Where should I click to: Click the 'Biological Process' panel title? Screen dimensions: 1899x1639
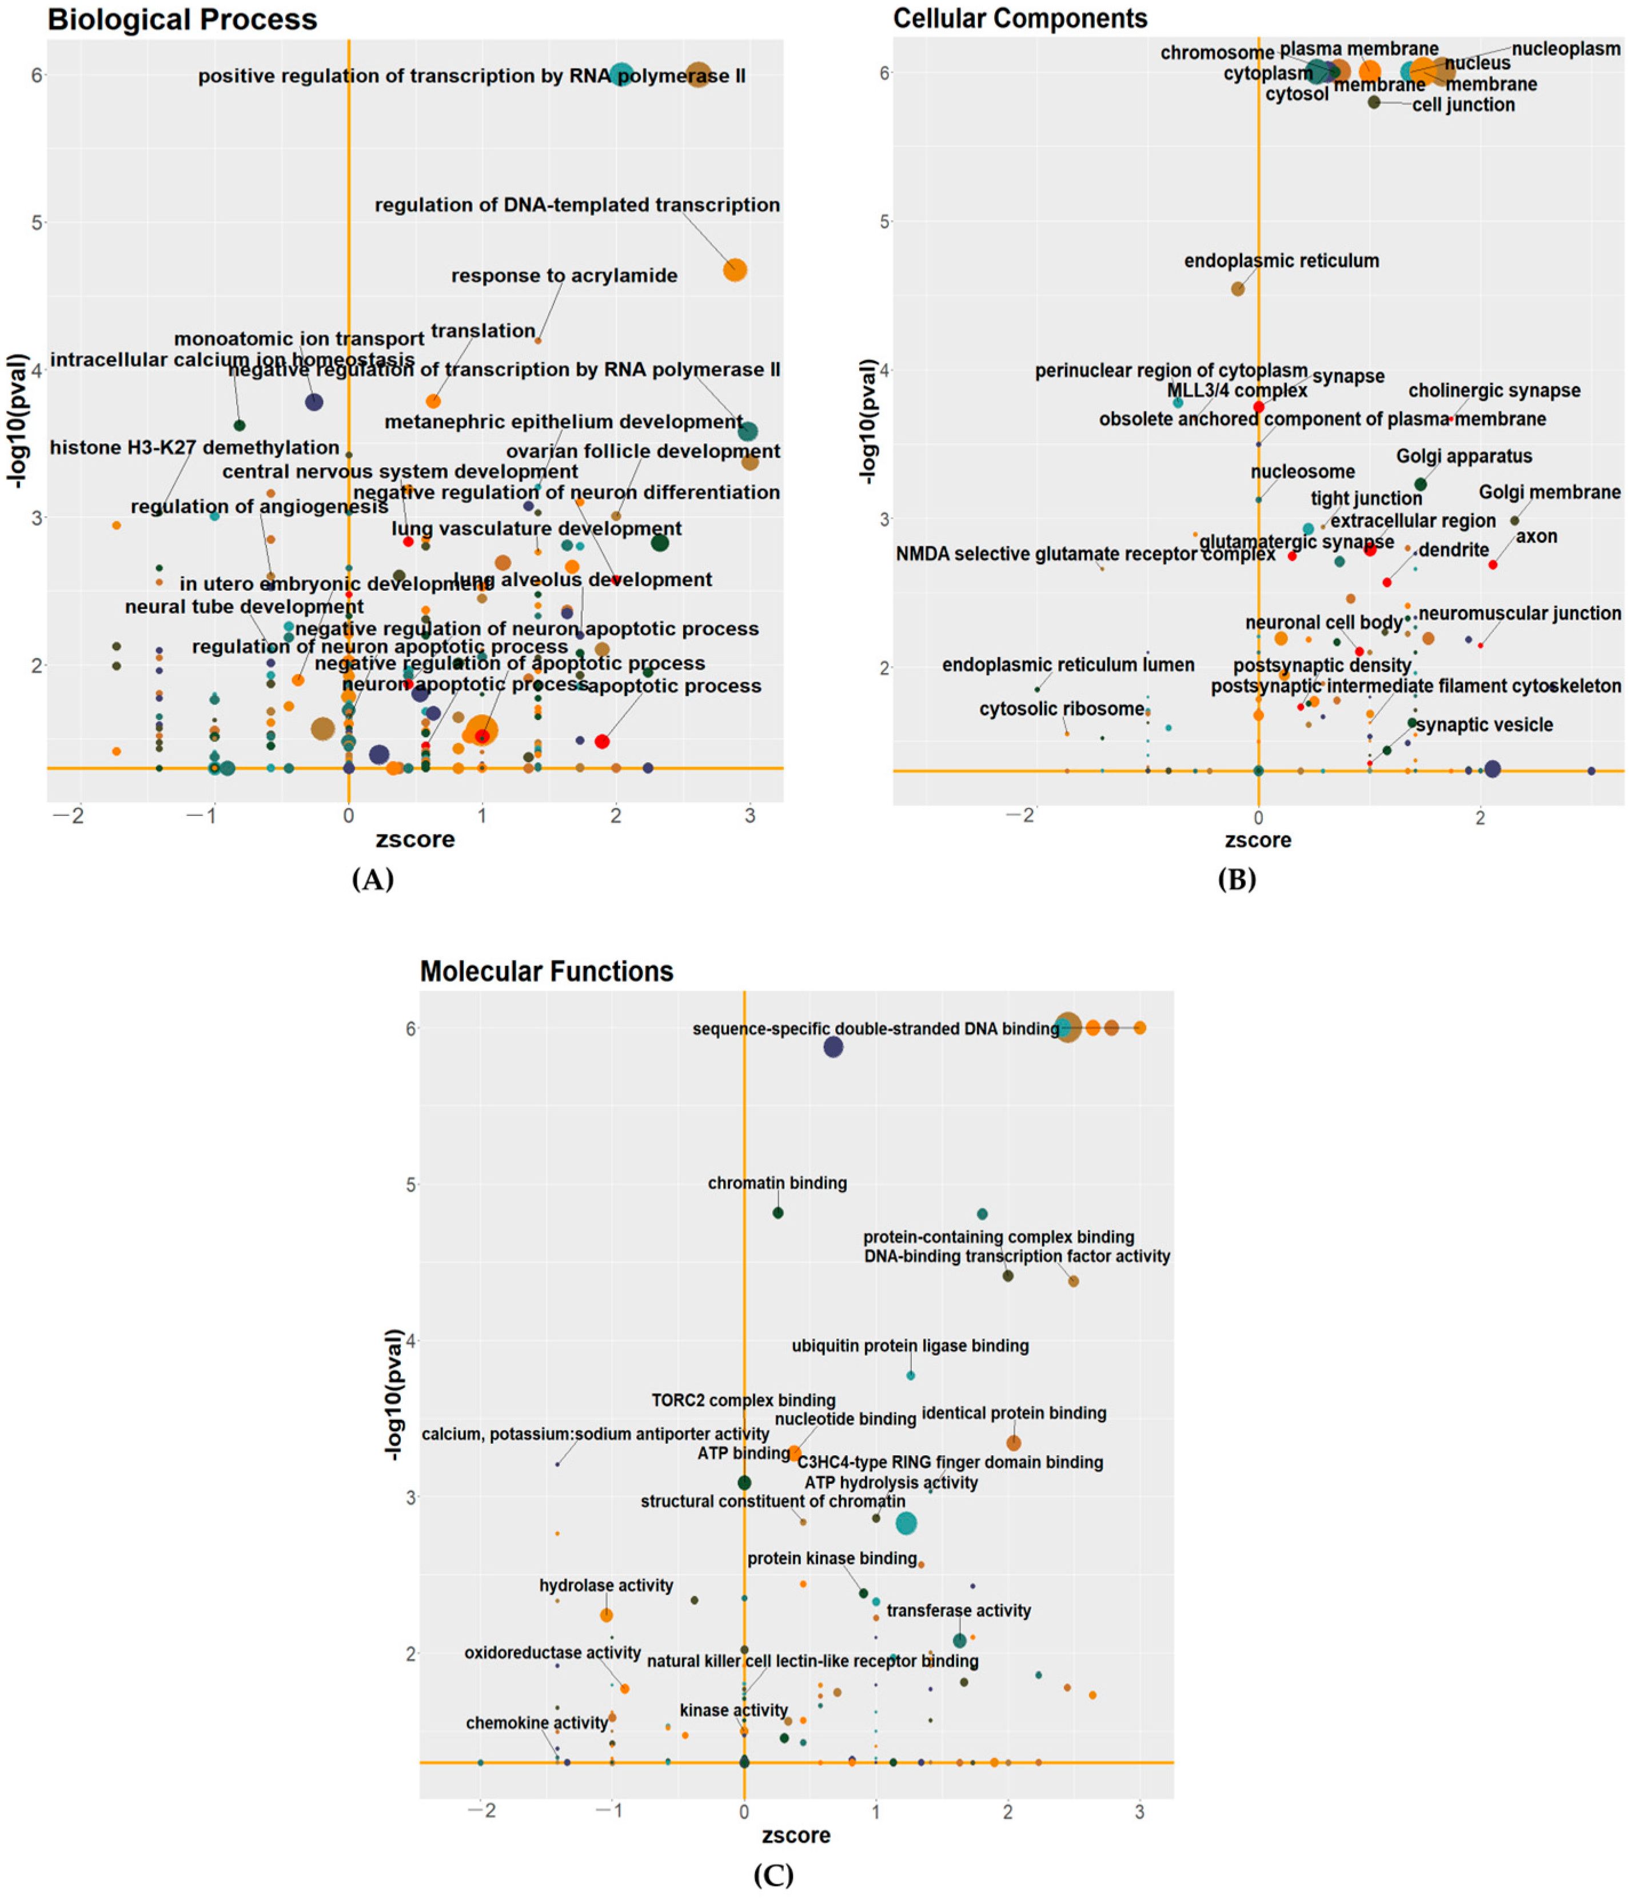pos(182,19)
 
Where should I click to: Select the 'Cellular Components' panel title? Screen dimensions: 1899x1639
pos(1020,18)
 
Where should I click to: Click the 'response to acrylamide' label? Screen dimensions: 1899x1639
pos(564,276)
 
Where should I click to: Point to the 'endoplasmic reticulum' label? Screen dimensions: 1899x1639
pos(1281,261)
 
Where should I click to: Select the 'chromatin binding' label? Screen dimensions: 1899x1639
pos(777,1183)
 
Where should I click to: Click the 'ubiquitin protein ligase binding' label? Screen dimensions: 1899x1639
pos(910,1347)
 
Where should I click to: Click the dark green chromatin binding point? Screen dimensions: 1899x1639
pos(778,1213)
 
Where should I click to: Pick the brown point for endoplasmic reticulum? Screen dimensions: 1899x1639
pos(1238,289)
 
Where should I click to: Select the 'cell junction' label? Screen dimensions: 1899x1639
pos(1463,105)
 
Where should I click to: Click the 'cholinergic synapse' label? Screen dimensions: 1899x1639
pos(1494,391)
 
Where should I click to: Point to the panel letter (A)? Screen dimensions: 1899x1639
pos(372,880)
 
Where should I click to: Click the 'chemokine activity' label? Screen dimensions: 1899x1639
pos(537,1723)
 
